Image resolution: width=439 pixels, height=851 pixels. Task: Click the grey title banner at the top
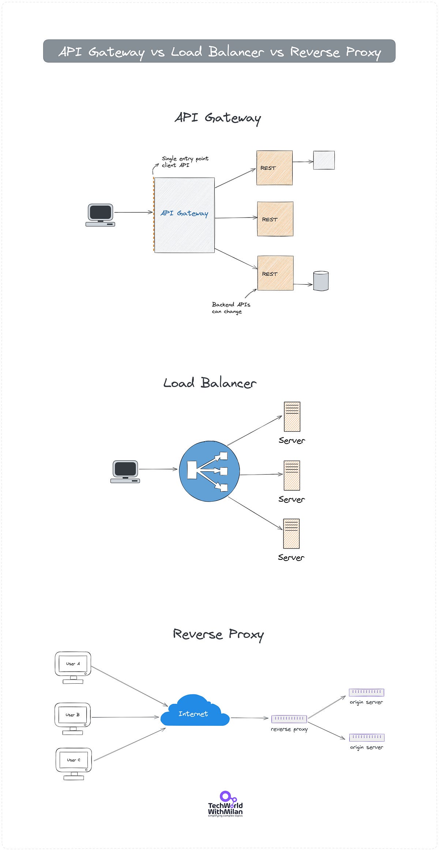pos(219,51)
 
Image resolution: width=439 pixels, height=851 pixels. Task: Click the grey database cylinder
pos(321,281)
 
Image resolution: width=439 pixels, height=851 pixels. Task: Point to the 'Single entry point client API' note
pos(185,162)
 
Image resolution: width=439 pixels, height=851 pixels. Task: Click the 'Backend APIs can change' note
pos(230,308)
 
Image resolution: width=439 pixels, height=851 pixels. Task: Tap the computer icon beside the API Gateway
pos(100,215)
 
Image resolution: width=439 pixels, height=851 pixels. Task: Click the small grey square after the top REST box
pos(324,160)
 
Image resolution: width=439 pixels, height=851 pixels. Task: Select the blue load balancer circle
pos(209,471)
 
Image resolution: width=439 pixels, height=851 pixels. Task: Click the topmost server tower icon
pos(292,417)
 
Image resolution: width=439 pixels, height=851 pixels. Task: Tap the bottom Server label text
pos(291,558)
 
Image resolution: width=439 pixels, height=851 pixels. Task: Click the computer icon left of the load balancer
pos(125,471)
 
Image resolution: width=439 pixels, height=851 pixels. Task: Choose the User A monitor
pos(73,667)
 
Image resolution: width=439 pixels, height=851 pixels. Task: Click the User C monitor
pos(74,763)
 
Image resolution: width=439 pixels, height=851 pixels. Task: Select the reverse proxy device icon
pos(289,719)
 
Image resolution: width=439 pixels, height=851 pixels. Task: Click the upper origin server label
pos(366,702)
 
